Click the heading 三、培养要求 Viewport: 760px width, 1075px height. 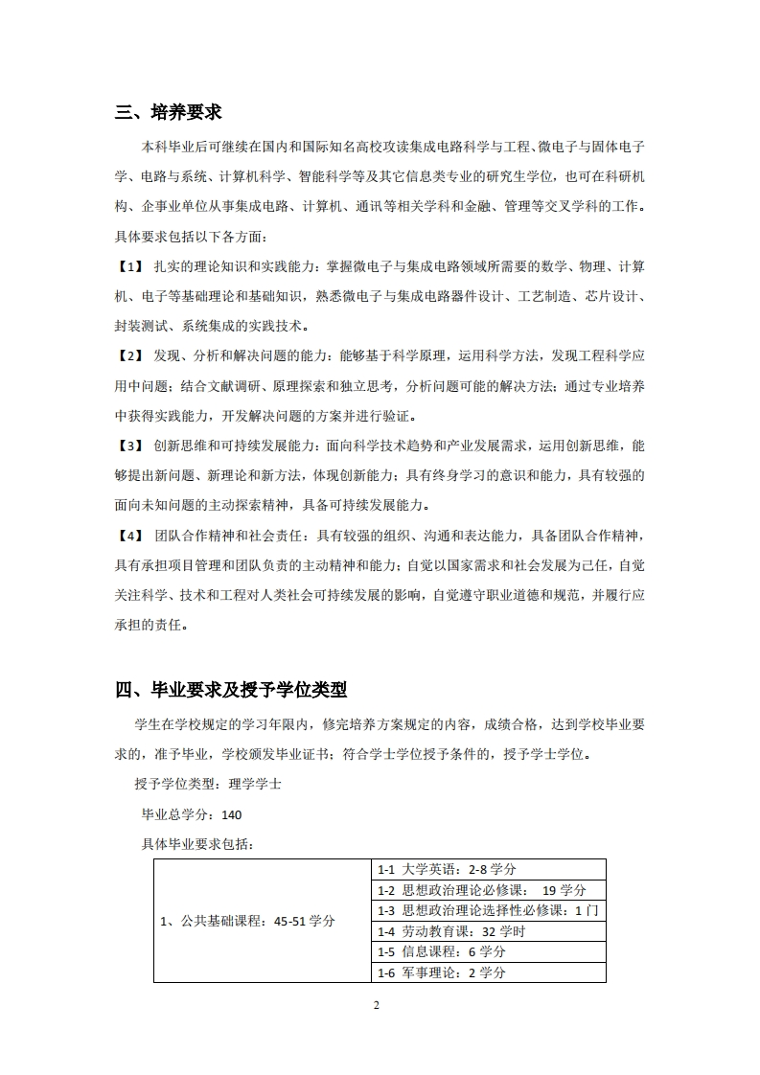tap(169, 112)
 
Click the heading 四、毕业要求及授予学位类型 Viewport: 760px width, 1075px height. tap(231, 689)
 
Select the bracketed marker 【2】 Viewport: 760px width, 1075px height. tap(129, 355)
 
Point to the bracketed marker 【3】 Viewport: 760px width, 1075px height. tap(129, 446)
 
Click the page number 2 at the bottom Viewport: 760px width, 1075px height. tap(377, 1005)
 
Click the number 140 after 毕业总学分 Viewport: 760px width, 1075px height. tap(231, 815)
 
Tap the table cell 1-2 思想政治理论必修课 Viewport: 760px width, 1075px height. tap(490, 889)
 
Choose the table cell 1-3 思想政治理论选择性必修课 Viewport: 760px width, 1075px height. tap(489, 910)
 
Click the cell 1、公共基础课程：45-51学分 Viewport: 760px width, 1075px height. tap(247, 921)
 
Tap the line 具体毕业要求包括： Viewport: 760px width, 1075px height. tap(197, 844)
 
